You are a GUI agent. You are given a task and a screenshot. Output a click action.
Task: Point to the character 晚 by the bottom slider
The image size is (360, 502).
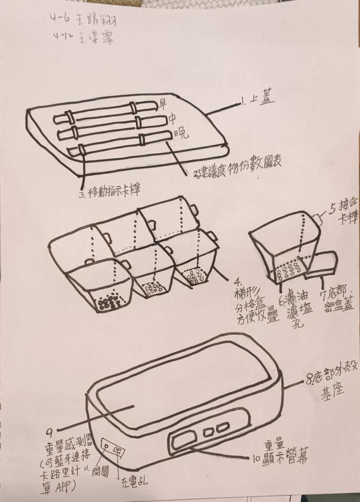(181, 134)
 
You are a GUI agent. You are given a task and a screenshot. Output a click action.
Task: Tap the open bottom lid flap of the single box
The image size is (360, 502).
(320, 264)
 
